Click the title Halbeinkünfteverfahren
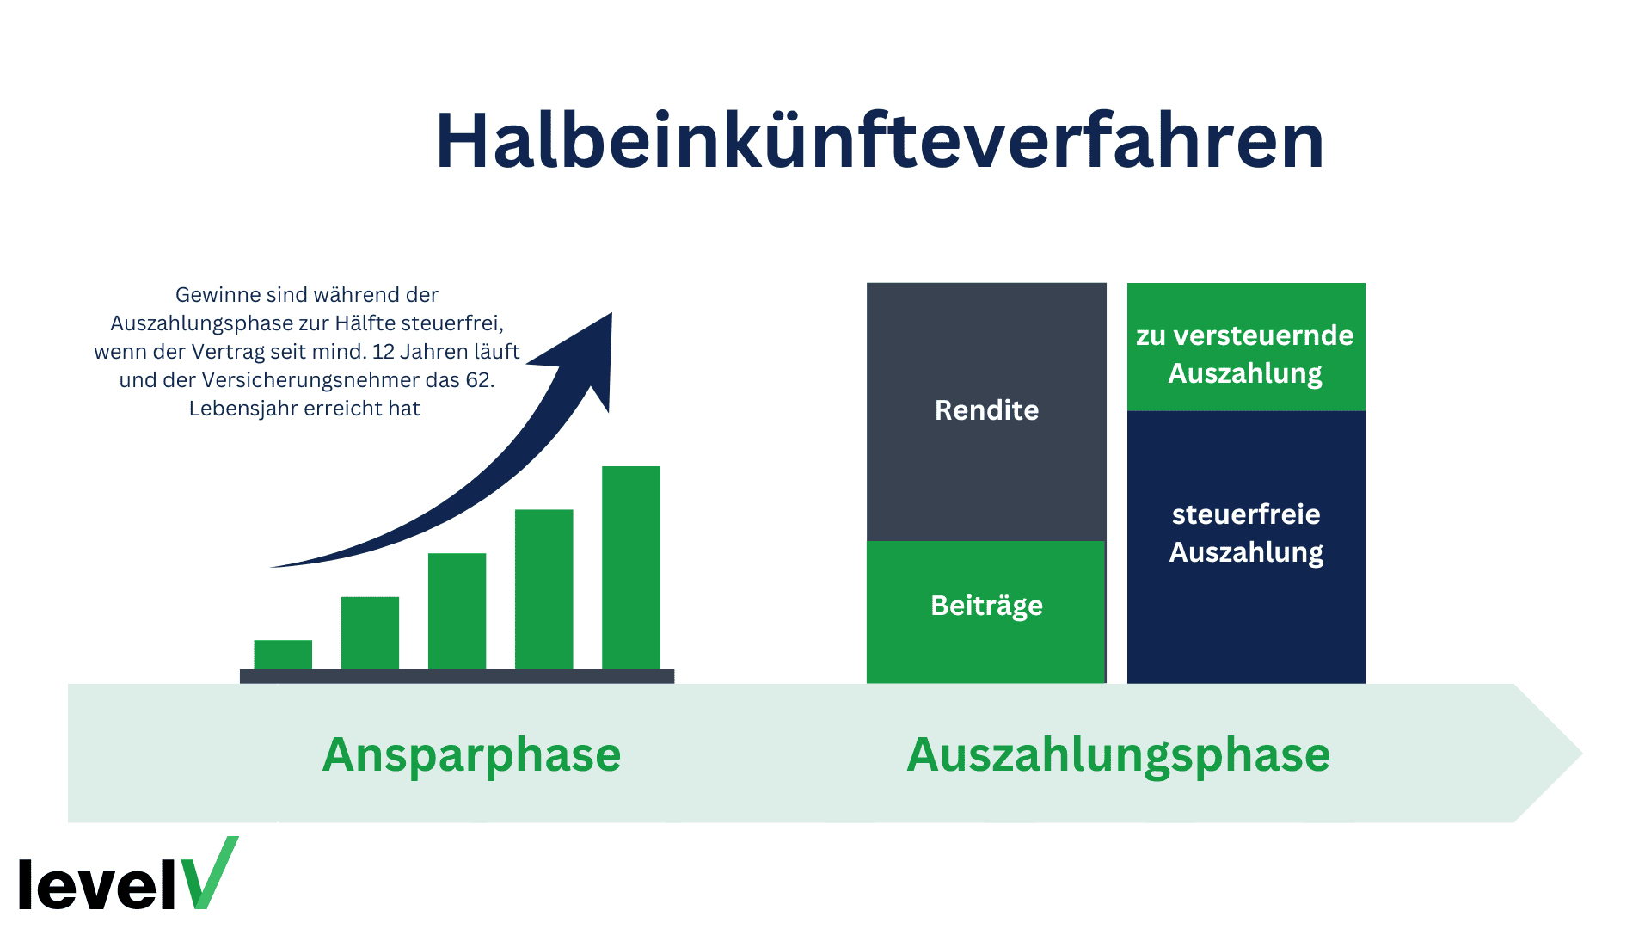pyautogui.click(x=879, y=141)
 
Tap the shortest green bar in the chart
pyautogui.click(x=283, y=655)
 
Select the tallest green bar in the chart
pyautogui.click(x=630, y=568)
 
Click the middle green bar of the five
pyautogui.click(x=457, y=611)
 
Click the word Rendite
pyautogui.click(x=986, y=410)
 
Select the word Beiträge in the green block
pyautogui.click(x=986, y=606)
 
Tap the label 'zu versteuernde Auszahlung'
pyautogui.click(x=1245, y=354)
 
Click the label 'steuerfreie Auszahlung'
pyautogui.click(x=1245, y=532)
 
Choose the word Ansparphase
pyautogui.click(x=471, y=754)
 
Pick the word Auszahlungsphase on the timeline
pyautogui.click(x=1118, y=754)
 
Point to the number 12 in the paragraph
pyautogui.click(x=383, y=352)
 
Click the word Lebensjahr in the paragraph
pyautogui.click(x=242, y=409)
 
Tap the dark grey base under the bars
pyautogui.click(x=457, y=676)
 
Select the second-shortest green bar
pyautogui.click(x=370, y=632)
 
